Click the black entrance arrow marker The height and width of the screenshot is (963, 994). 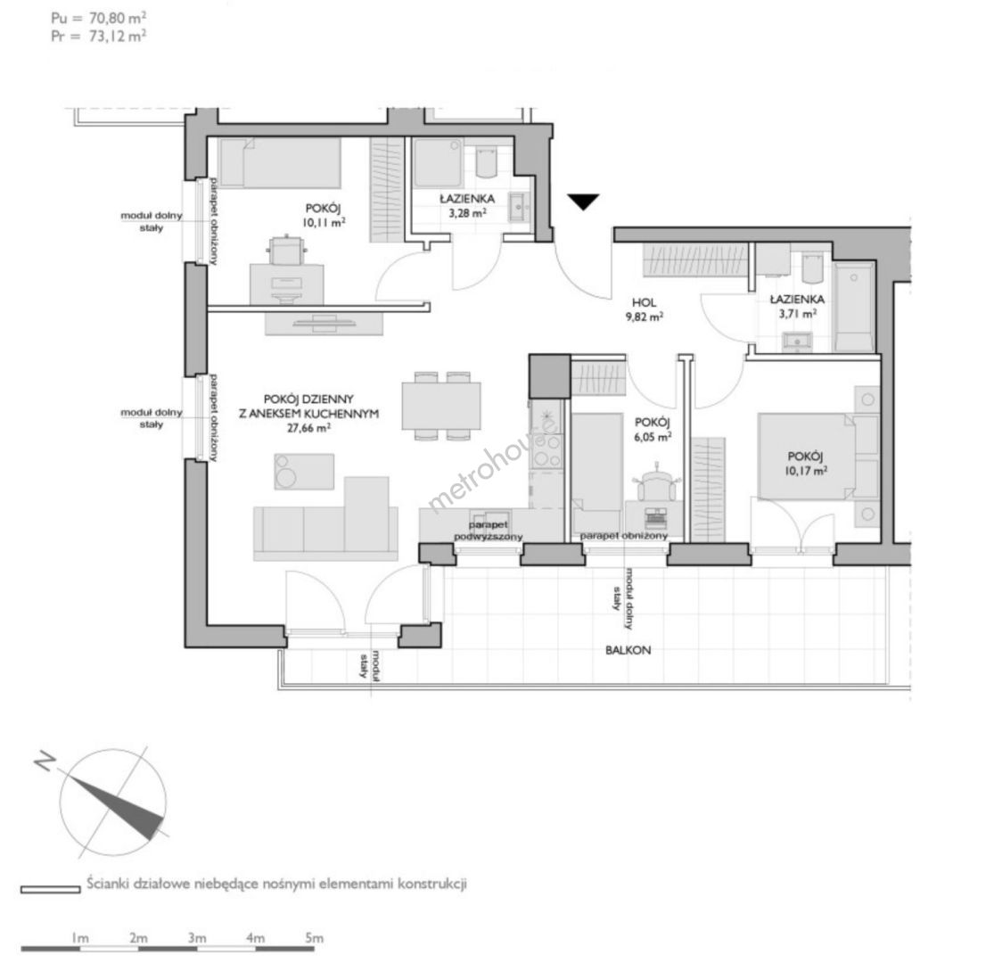click(583, 202)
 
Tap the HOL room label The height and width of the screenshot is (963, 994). click(644, 303)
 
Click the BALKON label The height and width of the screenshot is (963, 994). click(628, 650)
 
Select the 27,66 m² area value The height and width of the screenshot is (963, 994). click(308, 428)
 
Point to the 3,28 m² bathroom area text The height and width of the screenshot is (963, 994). click(467, 213)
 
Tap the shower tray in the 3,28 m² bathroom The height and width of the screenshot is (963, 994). click(438, 163)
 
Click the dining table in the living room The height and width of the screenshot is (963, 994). click(441, 406)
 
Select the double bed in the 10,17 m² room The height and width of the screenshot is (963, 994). click(806, 457)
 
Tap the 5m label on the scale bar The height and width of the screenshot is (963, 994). click(314, 938)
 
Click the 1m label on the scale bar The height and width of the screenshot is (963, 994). click(80, 938)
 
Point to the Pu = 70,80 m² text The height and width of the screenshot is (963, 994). click(99, 18)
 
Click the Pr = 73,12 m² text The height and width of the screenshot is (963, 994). click(99, 37)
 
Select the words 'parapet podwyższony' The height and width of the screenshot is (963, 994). click(489, 531)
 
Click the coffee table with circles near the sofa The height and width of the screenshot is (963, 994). click(304, 471)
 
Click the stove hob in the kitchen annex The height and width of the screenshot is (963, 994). click(546, 449)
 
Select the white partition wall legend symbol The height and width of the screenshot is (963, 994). click(51, 890)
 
